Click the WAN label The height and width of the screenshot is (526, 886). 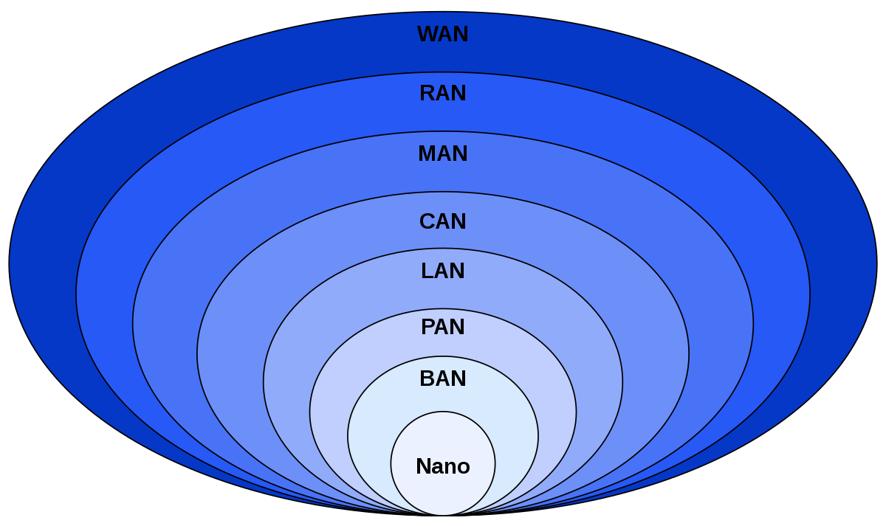(442, 35)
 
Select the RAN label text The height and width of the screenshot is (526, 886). (442, 94)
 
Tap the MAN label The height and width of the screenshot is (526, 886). (442, 153)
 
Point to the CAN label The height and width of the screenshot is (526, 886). (442, 221)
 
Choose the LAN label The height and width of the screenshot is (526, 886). (442, 271)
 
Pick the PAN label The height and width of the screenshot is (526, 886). (442, 326)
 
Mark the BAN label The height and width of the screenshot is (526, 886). (442, 378)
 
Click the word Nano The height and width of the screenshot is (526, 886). (442, 466)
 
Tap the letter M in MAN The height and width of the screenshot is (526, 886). (427, 153)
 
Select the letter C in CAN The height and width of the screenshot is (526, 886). (427, 221)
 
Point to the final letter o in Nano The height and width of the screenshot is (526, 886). (464, 467)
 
